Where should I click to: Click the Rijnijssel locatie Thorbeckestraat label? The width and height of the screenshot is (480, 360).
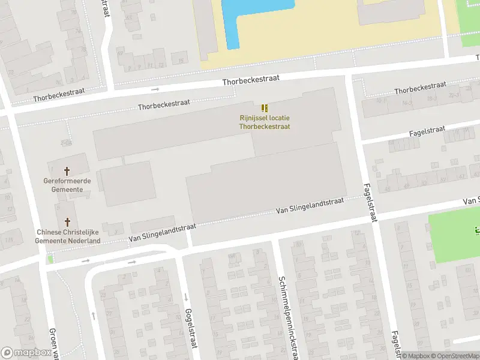click(x=265, y=122)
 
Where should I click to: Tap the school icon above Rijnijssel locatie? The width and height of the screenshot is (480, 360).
click(x=265, y=109)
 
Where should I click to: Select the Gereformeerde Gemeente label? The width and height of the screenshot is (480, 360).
click(x=67, y=185)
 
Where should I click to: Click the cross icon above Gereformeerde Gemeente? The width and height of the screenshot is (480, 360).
click(x=67, y=171)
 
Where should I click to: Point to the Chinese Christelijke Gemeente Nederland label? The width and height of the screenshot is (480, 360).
click(x=68, y=236)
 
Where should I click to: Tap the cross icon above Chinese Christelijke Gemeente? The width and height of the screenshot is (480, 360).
click(x=67, y=222)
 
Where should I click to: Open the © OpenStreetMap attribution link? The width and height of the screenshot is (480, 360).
click(x=455, y=356)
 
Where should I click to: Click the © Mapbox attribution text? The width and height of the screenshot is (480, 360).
click(x=416, y=356)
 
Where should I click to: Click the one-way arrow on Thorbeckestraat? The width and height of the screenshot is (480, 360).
click(x=155, y=89)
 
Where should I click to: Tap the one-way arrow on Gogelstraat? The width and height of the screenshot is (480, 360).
click(x=185, y=298)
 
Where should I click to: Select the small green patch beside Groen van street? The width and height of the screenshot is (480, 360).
click(x=50, y=259)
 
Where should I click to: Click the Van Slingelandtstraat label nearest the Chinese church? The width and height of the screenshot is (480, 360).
click(x=163, y=233)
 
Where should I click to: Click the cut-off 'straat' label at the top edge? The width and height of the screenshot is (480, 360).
click(x=107, y=7)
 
